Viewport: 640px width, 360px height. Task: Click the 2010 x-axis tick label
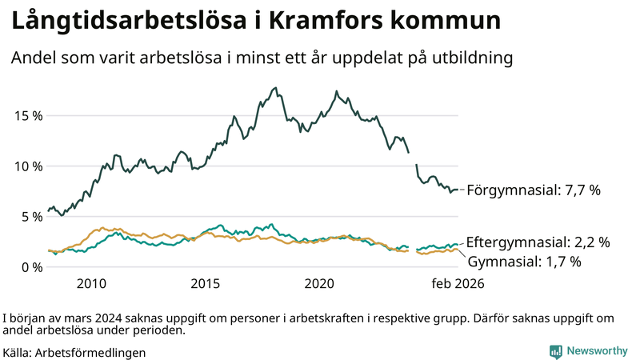(91, 283)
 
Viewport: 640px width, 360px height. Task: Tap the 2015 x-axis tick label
(206, 283)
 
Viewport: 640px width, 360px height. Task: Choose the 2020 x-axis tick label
(320, 283)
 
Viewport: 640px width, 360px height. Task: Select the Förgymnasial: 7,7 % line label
(533, 190)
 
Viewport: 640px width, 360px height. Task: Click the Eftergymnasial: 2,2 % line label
(538, 242)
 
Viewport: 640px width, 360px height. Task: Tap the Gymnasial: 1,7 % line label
(524, 261)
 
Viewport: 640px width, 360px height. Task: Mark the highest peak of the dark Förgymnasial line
(275, 88)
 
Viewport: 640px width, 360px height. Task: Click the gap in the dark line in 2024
(413, 158)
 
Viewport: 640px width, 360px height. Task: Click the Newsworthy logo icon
(555, 351)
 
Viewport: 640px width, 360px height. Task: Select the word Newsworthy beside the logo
(597, 351)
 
